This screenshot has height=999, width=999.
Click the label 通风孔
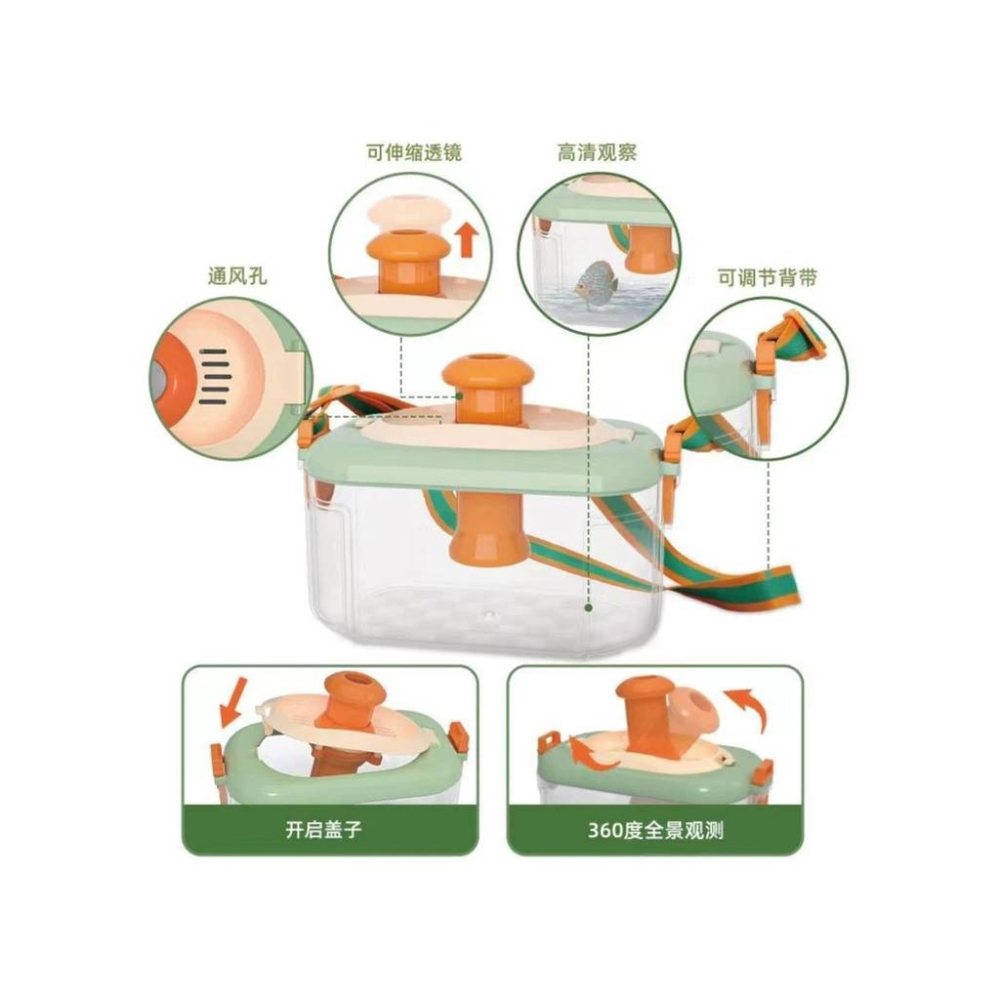coord(237,276)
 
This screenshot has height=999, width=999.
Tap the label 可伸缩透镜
coord(415,153)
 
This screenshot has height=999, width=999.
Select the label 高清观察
coord(597,153)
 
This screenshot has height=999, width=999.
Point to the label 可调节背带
coord(767,278)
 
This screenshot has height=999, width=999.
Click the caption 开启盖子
coord(324,830)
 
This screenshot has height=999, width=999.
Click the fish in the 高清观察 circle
coord(593,279)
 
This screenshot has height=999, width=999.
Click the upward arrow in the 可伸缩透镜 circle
coord(469,239)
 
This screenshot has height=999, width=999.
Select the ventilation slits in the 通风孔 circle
coord(214,377)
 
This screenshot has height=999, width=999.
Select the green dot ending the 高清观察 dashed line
coord(588,607)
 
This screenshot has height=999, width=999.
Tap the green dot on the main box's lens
coord(459,396)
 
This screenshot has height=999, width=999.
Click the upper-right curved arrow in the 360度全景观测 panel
coord(745,707)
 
